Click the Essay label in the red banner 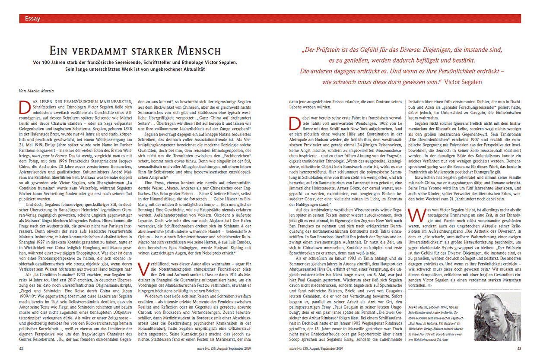tap(33, 19)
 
